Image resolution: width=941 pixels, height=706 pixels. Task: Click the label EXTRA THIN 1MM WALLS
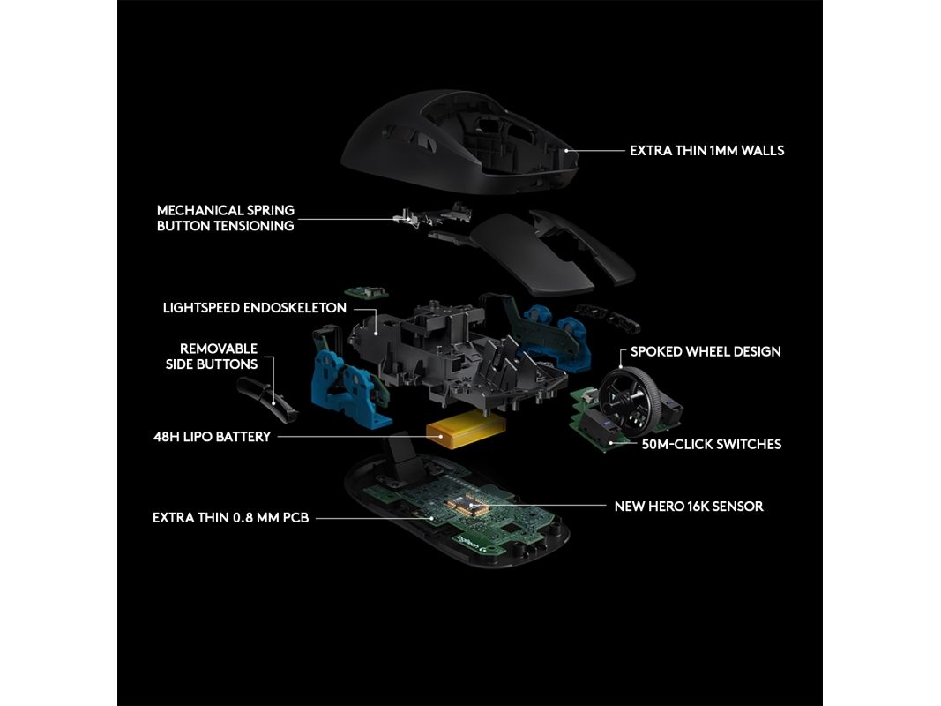707,151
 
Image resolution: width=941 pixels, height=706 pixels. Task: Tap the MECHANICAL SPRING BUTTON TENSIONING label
226,218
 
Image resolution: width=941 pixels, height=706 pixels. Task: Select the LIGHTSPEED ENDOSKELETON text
255,308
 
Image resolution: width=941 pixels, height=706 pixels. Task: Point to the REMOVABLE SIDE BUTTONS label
212,357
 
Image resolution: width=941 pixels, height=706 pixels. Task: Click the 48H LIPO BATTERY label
213,437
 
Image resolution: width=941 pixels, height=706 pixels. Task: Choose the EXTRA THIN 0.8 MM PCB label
230,518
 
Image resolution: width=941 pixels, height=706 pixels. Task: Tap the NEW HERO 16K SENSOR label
689,507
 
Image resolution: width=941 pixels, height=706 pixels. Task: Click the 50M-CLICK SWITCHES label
712,445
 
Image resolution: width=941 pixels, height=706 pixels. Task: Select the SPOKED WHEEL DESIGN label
706,352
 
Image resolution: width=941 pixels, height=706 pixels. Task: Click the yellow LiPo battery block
466,429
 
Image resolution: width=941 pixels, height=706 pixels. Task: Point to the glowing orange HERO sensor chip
469,504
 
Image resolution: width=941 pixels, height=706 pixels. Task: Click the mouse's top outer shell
460,140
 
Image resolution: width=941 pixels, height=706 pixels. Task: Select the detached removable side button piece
266,397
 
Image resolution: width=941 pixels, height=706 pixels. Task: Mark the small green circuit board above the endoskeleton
366,292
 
